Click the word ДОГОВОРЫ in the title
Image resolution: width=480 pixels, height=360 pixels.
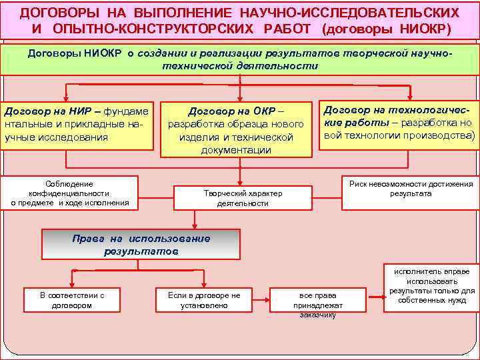pos(56,13)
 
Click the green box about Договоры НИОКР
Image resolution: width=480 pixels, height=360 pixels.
pos(239,59)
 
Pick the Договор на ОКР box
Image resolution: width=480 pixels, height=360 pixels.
pos(236,129)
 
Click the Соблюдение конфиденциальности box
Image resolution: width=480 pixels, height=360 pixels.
pos(69,193)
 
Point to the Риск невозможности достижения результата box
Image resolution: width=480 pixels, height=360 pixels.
pos(410,193)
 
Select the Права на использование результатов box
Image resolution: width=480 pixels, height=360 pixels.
pos(141,245)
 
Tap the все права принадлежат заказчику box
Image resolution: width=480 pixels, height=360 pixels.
pos(318,304)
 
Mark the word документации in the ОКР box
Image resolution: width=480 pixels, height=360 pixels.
pos(236,151)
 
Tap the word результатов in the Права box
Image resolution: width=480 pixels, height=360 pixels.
pos(141,252)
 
